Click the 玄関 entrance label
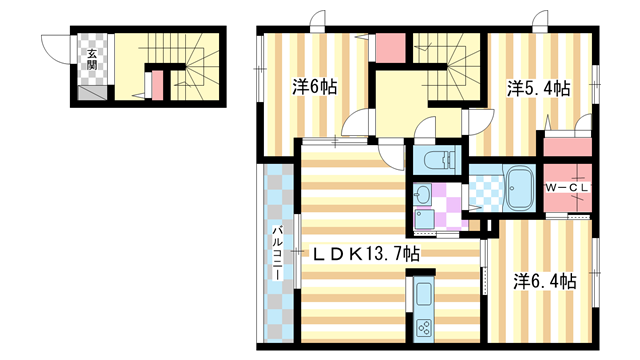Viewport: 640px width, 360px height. tap(92, 59)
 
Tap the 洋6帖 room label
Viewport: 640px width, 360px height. tap(314, 87)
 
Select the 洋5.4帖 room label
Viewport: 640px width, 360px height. tap(538, 89)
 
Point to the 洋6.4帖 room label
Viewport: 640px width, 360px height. tap(545, 282)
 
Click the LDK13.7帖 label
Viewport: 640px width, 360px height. tap(366, 254)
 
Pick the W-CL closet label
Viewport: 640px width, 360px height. tap(568, 188)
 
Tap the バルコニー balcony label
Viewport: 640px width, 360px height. tap(278, 252)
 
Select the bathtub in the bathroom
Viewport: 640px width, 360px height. tap(520, 189)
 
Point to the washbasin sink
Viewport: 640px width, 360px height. tap(422, 195)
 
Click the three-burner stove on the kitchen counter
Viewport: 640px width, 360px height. tap(424, 327)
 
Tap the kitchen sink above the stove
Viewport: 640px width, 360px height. tap(424, 294)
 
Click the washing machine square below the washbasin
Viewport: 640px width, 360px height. tap(423, 219)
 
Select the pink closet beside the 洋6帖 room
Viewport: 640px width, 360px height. tap(390, 48)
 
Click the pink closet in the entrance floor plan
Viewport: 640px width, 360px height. tap(158, 85)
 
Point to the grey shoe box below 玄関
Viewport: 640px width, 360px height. tap(93, 93)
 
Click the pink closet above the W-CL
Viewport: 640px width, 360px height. tap(567, 147)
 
